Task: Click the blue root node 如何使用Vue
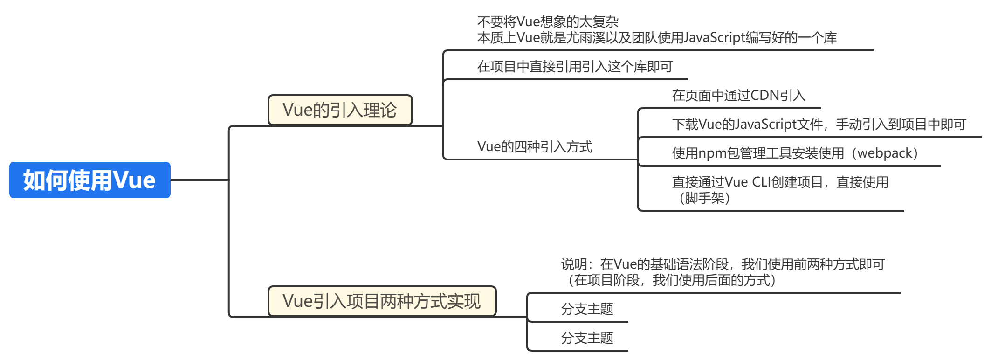point(89,180)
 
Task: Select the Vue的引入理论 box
point(340,110)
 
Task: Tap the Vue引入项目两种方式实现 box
point(382,301)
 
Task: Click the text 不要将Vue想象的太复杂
point(548,21)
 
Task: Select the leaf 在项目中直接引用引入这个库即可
point(574,67)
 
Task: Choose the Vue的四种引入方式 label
point(535,147)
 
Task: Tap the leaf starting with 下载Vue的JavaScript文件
point(819,125)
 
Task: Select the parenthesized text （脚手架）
point(704,198)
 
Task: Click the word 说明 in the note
point(574,264)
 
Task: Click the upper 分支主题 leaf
point(587,309)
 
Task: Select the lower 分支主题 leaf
point(587,338)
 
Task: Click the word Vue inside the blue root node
point(135,180)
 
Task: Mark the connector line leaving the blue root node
point(199,180)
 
